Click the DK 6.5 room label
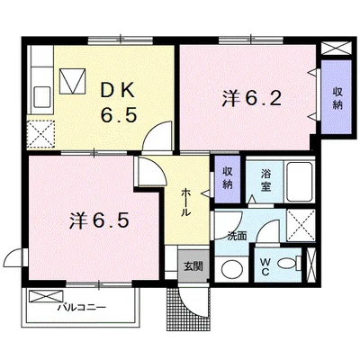[x=119, y=103]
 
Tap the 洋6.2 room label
[x=251, y=98]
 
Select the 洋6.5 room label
[x=100, y=220]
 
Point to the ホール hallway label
[x=185, y=202]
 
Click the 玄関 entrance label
[x=193, y=265]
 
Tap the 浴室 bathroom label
[x=265, y=180]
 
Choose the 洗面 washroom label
[x=237, y=236]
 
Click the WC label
[x=265, y=267]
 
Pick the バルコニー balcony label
[x=82, y=307]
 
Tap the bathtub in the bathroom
[x=299, y=182]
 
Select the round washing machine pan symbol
[x=232, y=269]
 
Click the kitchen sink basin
[x=42, y=96]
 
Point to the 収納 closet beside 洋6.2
[x=337, y=97]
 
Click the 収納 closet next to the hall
[x=228, y=179]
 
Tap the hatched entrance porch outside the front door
[x=188, y=309]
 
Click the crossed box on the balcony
[x=46, y=296]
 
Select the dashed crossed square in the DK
[x=40, y=134]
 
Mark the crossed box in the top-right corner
[x=336, y=49]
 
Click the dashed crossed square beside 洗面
[x=301, y=226]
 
